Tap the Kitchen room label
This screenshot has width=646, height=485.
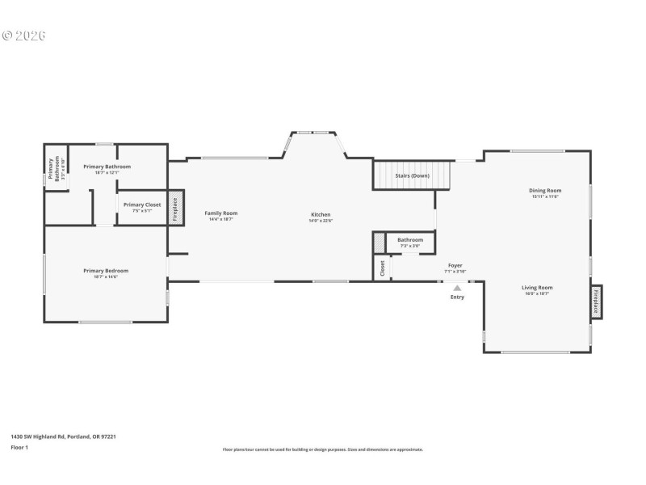click(321, 214)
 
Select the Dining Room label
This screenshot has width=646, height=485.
click(546, 191)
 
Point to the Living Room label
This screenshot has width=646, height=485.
click(537, 287)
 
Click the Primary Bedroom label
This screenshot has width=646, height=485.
click(106, 271)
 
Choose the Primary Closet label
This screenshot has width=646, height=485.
click(142, 205)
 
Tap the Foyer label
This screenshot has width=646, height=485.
click(455, 265)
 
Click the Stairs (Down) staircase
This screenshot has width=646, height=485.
click(412, 175)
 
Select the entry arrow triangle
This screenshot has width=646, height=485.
click(457, 287)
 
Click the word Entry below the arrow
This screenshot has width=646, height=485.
click(457, 297)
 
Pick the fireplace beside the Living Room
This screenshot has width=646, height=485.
click(597, 302)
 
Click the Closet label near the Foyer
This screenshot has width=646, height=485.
click(382, 268)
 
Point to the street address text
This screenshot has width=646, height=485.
click(63, 436)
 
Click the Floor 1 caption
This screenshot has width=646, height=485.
click(19, 447)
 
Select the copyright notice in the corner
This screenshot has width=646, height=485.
click(23, 36)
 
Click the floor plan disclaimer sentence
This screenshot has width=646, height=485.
click(322, 449)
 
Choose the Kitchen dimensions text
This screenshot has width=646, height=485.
click(321, 220)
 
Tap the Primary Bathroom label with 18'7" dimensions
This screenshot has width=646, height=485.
click(107, 167)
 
